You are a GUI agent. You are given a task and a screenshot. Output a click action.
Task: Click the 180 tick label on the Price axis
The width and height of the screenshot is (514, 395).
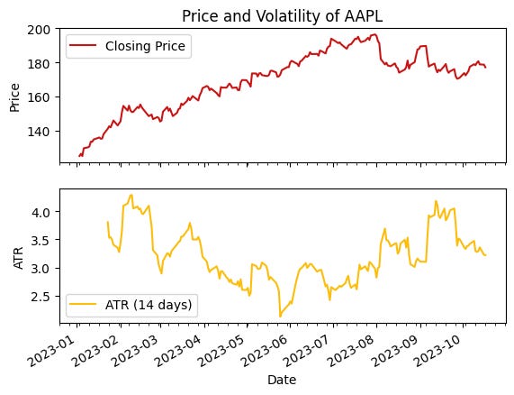[x=42, y=63]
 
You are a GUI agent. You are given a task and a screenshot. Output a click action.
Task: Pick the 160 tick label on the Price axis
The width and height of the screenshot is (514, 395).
[x=42, y=97]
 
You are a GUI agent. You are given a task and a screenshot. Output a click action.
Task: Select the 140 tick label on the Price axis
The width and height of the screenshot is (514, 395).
[x=42, y=132]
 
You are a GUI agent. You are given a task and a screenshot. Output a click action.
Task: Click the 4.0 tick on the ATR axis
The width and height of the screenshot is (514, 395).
[x=45, y=212]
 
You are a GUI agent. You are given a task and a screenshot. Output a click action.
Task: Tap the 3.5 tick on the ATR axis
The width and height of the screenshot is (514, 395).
[x=45, y=240]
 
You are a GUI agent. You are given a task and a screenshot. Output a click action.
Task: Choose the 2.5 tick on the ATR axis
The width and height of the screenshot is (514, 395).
[x=45, y=297]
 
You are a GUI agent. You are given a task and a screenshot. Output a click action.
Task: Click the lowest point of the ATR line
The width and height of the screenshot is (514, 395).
[x=280, y=316]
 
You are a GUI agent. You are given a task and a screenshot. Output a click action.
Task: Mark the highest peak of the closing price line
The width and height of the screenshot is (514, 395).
[x=374, y=34]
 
